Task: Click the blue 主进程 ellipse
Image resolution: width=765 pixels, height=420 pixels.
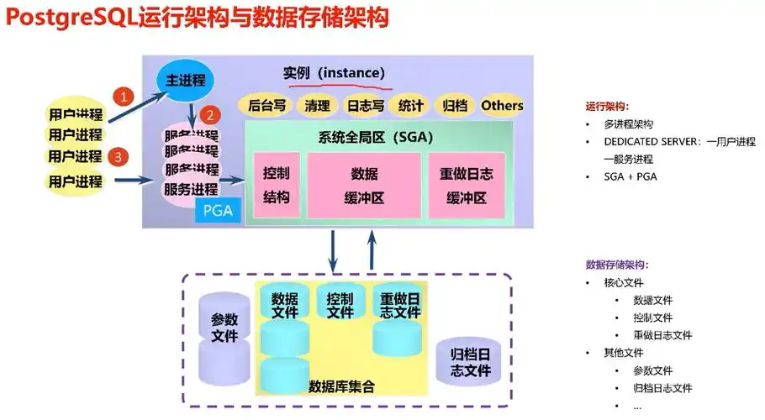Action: pyautogui.click(x=185, y=80)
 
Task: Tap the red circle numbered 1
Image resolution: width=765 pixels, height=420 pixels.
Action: pyautogui.click(x=124, y=96)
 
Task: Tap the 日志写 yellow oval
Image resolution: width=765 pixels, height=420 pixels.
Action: pyautogui.click(x=366, y=106)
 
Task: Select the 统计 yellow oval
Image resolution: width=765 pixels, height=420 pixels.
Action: pyautogui.click(x=411, y=106)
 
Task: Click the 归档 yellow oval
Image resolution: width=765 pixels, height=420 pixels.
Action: pyautogui.click(x=454, y=106)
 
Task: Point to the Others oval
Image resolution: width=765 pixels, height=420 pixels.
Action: pyautogui.click(x=502, y=106)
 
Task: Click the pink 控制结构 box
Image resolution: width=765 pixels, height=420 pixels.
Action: pyautogui.click(x=276, y=186)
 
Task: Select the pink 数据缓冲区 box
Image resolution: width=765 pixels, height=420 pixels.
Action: pyautogui.click(x=364, y=186)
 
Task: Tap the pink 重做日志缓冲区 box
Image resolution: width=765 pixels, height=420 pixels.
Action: pyautogui.click(x=467, y=186)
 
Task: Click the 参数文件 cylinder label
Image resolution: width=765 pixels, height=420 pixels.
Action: pyautogui.click(x=224, y=328)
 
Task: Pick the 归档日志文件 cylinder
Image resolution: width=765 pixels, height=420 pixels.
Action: pyautogui.click(x=463, y=361)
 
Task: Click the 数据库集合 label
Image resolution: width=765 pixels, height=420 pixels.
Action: pyautogui.click(x=341, y=387)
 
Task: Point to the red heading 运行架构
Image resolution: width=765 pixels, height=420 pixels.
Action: pyautogui.click(x=606, y=107)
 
